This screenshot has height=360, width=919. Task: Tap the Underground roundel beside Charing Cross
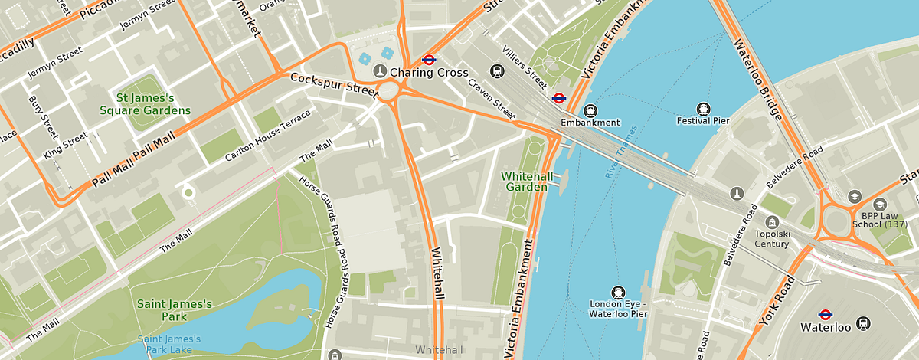tap(429, 58)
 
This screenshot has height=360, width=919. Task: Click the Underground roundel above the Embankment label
tap(559, 97)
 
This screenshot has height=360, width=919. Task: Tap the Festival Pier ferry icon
tap(703, 108)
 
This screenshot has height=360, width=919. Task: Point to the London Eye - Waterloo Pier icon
tap(618, 292)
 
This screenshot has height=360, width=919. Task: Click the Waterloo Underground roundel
tap(826, 314)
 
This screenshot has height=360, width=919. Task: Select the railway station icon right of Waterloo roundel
tap(864, 323)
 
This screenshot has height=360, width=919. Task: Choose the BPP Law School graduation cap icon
tap(854, 198)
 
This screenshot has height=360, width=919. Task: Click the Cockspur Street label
tap(335, 84)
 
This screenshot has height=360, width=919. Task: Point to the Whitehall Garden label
tap(525, 181)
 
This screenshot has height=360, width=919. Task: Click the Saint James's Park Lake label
tap(169, 344)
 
